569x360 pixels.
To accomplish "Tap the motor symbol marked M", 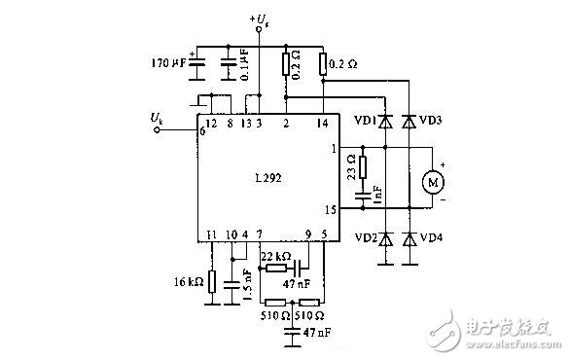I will [431, 182].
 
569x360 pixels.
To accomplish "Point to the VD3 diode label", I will [432, 122].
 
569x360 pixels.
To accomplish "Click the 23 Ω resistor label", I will [351, 169].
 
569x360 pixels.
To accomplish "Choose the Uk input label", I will [158, 118].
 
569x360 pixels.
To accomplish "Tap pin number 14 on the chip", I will [322, 124].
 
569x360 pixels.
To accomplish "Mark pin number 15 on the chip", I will [331, 209].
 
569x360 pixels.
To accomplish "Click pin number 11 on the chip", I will [210, 234].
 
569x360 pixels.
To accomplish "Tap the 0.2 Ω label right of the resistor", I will [342, 64].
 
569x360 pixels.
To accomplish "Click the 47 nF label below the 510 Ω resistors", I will [317, 332].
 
